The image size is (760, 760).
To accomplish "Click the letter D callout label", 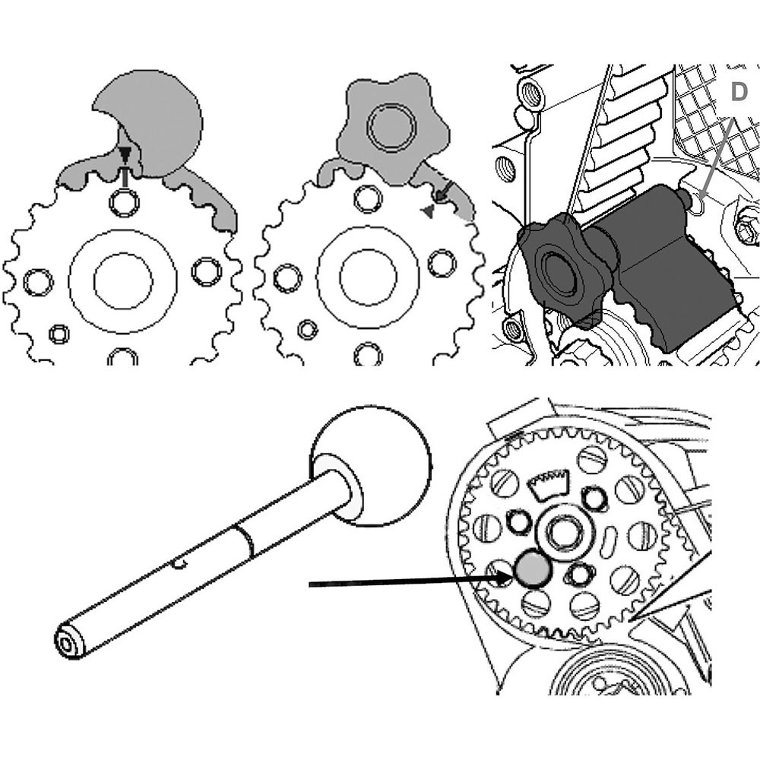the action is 738,92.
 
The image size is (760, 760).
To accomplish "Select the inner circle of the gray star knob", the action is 391,128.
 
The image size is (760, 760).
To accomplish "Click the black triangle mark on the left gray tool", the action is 125,154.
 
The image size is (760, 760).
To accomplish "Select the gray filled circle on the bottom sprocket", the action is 534,569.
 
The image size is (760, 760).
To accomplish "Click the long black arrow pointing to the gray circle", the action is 411,581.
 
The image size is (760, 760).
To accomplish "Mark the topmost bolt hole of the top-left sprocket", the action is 124,201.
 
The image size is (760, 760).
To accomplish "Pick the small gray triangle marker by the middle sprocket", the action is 427,211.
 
